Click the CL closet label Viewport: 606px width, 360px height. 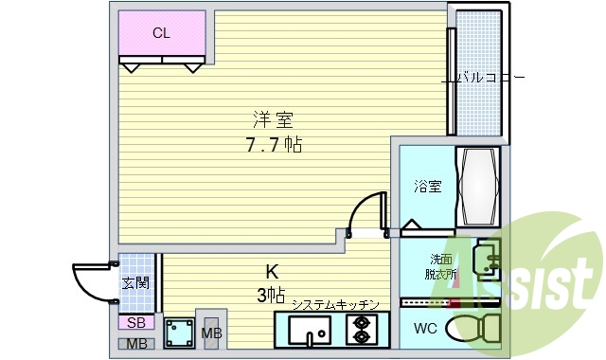click(161, 33)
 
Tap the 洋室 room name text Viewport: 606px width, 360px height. click(273, 120)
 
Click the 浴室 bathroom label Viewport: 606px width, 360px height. click(426, 187)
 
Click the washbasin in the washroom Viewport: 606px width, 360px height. click(486, 260)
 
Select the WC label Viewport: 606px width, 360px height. click(425, 329)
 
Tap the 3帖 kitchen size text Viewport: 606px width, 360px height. click(271, 296)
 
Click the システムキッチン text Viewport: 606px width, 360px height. click(335, 304)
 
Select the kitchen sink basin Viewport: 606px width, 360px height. click(309, 332)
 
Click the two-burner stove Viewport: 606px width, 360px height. click(362, 331)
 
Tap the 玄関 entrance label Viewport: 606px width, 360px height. click(134, 282)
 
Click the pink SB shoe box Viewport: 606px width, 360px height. click(134, 323)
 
